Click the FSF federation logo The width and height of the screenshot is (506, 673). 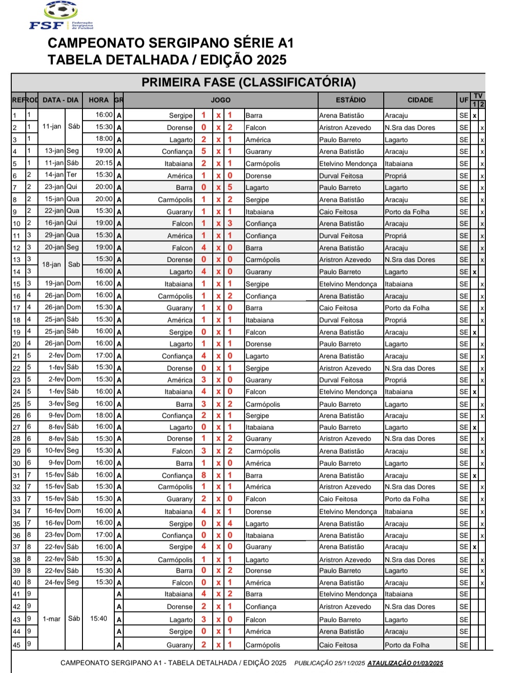61,16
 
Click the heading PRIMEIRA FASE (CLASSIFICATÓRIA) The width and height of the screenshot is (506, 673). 248,82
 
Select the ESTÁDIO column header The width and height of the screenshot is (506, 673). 350,100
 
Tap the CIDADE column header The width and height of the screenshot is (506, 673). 420,100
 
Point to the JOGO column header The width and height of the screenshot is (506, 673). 220,100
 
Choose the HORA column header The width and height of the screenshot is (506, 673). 98,100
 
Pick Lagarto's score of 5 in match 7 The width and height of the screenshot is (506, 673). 230,187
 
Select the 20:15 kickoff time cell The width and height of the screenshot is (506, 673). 104,163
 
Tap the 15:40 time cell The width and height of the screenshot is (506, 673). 98,619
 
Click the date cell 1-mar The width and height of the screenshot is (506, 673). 52,619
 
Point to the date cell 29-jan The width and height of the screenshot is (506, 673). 54,235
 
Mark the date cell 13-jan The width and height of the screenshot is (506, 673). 54,151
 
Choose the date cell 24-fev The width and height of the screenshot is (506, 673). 54,582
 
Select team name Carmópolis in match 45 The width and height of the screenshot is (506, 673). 263,645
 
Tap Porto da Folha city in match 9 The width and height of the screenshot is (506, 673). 407,212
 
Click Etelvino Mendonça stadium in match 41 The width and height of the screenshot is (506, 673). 348,594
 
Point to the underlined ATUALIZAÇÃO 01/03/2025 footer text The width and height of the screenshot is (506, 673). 405,663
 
